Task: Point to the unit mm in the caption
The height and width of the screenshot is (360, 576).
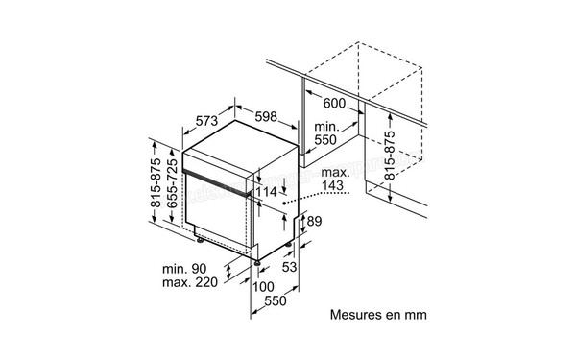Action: [x=414, y=314]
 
